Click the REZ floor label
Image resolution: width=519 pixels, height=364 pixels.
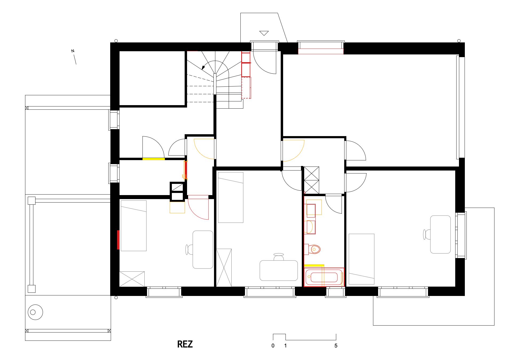pyautogui.click(x=185, y=344)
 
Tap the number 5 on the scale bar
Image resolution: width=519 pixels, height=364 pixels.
pyautogui.click(x=336, y=346)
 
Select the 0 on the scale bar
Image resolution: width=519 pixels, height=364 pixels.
pyautogui.click(x=273, y=346)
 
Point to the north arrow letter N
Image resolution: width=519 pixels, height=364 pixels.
pyautogui.click(x=73, y=51)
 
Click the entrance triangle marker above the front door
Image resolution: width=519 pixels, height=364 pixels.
pyautogui.click(x=264, y=33)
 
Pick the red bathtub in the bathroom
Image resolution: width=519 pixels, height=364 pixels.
pyautogui.click(x=324, y=277)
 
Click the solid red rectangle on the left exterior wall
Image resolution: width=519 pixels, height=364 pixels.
pyautogui.click(x=118, y=240)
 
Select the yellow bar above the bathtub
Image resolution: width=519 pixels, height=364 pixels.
pyautogui.click(x=314, y=266)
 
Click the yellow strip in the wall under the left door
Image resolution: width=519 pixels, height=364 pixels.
pyautogui.click(x=153, y=159)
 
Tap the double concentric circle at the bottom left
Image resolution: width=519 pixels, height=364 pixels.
pyautogui.click(x=35, y=312)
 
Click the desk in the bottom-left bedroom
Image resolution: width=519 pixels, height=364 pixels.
pyautogui.click(x=203, y=250)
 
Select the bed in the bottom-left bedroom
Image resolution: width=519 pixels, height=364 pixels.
pyautogui.click(x=134, y=226)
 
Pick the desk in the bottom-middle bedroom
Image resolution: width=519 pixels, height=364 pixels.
pyautogui.click(x=279, y=270)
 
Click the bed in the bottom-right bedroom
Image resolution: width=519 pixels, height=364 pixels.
pyautogui.click(x=362, y=259)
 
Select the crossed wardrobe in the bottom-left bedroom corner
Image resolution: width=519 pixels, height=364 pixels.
pyautogui.click(x=132, y=279)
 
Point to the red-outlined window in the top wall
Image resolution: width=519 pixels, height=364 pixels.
pyautogui.click(x=321, y=51)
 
